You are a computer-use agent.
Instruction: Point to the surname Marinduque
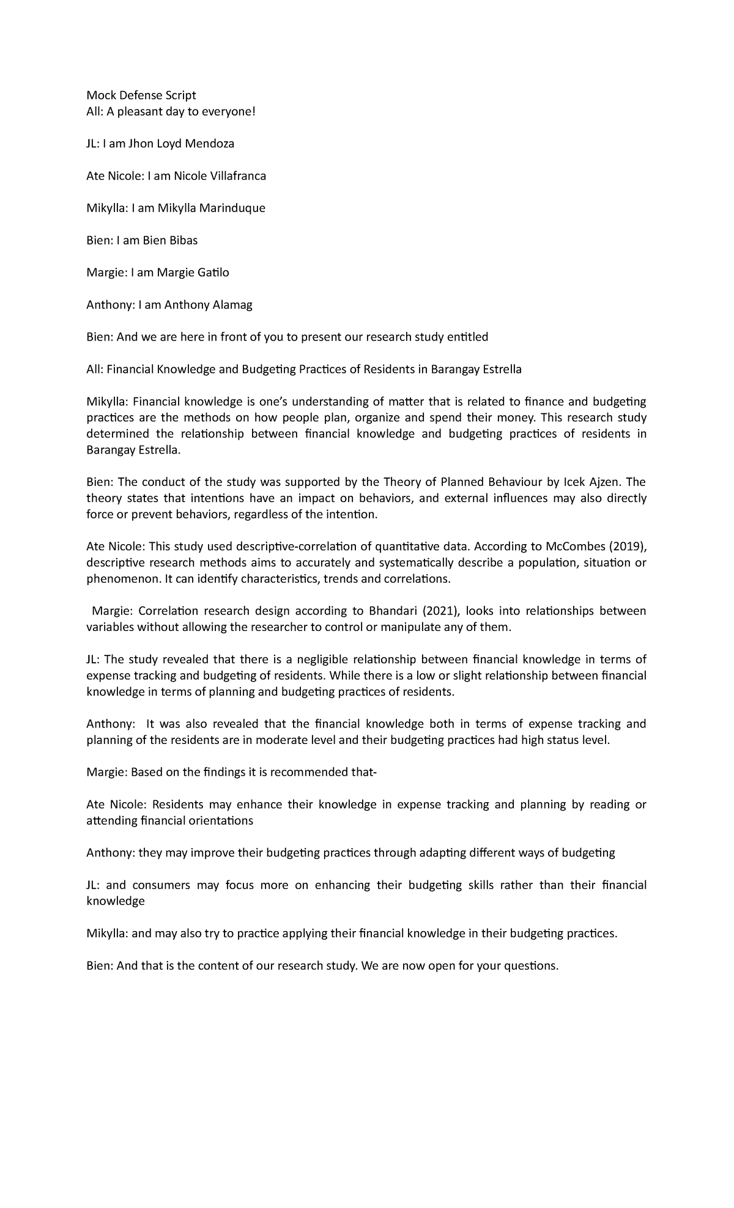click(x=234, y=208)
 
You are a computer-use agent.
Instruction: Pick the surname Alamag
click(x=232, y=305)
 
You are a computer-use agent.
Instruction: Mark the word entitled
click(x=467, y=337)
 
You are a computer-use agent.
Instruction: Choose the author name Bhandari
click(x=393, y=611)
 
